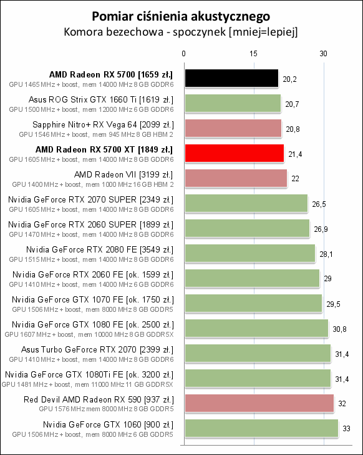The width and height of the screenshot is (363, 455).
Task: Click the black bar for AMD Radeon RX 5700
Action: (x=231, y=78)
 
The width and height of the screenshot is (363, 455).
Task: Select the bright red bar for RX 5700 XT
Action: (x=234, y=153)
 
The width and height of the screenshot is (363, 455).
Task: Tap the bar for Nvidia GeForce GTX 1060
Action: (x=261, y=428)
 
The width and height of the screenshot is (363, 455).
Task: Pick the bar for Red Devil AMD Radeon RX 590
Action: (x=258, y=403)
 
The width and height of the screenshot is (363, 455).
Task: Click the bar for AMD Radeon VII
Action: (x=235, y=178)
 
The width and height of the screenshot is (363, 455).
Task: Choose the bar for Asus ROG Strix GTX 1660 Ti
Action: (x=232, y=103)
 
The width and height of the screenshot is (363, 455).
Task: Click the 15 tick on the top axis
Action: (x=253, y=54)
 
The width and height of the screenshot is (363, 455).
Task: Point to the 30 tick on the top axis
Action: (x=324, y=54)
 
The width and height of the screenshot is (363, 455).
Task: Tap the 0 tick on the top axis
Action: (x=183, y=54)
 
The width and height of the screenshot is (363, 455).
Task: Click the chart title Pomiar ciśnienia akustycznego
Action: (x=181, y=15)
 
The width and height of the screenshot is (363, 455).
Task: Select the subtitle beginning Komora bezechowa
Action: (x=181, y=31)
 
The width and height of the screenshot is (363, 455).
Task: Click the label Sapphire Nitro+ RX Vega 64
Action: (x=102, y=124)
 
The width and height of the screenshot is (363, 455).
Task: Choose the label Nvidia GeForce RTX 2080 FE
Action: (x=99, y=249)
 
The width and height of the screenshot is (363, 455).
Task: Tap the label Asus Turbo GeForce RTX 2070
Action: (x=99, y=349)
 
